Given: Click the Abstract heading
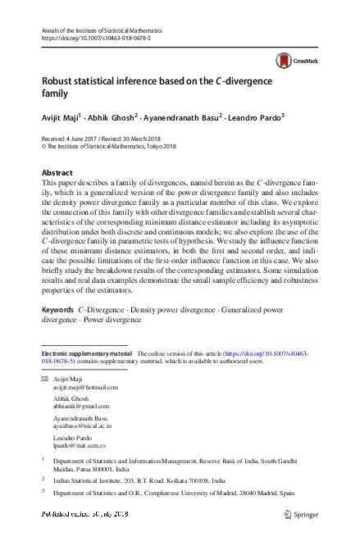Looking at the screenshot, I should coord(57,173).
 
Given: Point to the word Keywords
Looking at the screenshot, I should coord(57,310).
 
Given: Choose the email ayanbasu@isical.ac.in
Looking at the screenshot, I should coord(81,426).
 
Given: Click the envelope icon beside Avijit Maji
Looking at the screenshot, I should coord(44,379).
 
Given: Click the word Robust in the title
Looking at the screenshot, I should coord(59,81).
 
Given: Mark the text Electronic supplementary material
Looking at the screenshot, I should coord(86,353).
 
